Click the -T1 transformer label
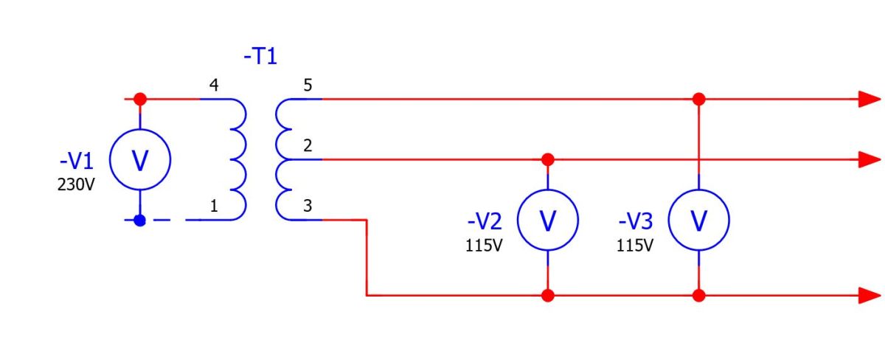click(260, 56)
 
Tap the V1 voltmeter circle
click(140, 129)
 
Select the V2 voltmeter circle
click(547, 190)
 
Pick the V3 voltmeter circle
click(699, 190)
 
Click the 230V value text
click(76, 184)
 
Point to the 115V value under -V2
click(484, 246)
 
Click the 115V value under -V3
click(635, 246)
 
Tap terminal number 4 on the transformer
click(214, 85)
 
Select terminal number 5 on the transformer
click(308, 85)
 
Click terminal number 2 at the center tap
click(308, 145)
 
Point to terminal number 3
click(308, 206)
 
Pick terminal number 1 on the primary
click(214, 206)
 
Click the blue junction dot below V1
click(140, 220)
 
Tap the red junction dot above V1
click(140, 99)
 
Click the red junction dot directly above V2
click(547, 159)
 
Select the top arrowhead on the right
click(870, 99)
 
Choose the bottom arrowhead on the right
click(870, 296)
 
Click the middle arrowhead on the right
click(870, 159)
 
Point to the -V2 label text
click(485, 221)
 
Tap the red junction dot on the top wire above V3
click(699, 99)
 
